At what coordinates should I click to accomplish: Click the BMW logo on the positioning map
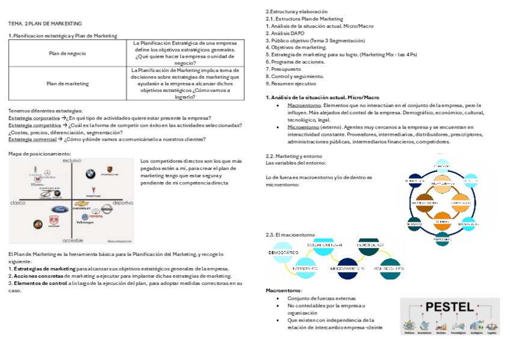(x=90, y=174)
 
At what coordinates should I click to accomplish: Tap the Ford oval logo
(x=60, y=210)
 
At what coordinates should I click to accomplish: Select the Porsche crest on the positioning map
(x=109, y=171)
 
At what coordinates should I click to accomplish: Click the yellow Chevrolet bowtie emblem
(x=81, y=204)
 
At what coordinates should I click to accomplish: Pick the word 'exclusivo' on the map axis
(x=72, y=161)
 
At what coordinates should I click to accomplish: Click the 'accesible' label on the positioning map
(x=73, y=240)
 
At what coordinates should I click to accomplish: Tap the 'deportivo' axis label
(x=123, y=203)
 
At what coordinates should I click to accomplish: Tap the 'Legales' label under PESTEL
(x=491, y=332)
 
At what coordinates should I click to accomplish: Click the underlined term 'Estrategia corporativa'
(x=34, y=118)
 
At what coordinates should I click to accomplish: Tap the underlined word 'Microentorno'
(x=304, y=127)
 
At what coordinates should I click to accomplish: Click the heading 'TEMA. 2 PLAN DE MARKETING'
(x=45, y=23)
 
